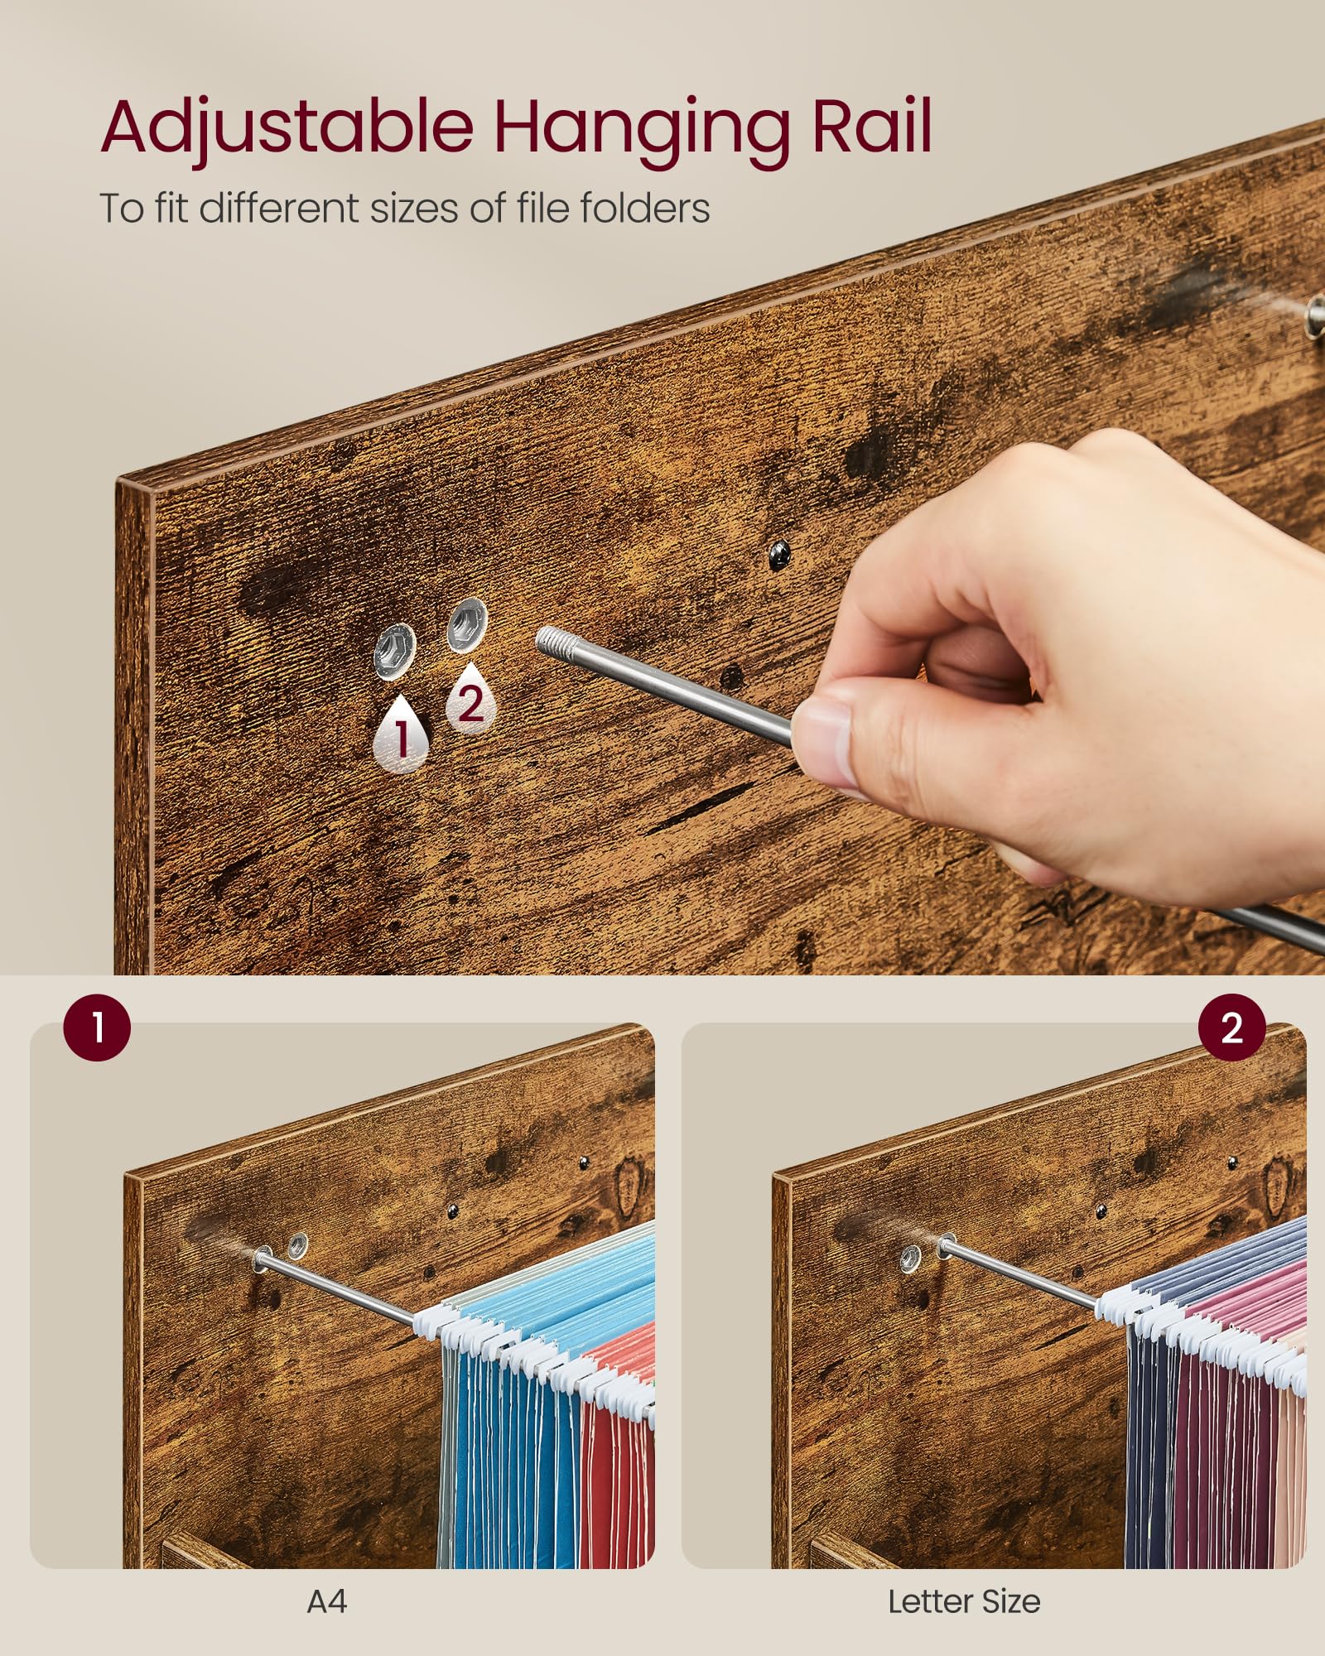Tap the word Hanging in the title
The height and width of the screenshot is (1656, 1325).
[x=642, y=128]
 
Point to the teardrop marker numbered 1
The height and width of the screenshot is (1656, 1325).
[x=402, y=734]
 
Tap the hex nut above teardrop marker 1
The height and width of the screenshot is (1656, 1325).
[x=394, y=649]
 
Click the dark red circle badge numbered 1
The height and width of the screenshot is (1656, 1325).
[x=97, y=1028]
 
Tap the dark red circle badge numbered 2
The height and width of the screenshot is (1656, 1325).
[x=1231, y=1028]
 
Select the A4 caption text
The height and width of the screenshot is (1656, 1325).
[x=326, y=1602]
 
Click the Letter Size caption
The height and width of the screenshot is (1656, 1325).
[x=964, y=1602]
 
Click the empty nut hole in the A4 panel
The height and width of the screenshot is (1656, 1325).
[x=296, y=1243]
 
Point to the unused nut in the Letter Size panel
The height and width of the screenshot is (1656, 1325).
[x=911, y=1259]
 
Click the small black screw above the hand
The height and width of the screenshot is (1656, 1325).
[x=779, y=556]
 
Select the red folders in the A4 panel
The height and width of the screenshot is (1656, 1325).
[x=617, y=1457]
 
